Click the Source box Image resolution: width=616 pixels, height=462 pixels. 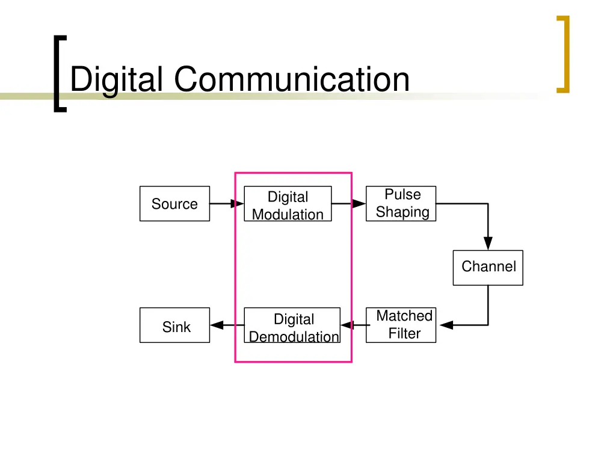(x=174, y=204)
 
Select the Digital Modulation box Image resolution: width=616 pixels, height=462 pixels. (x=288, y=205)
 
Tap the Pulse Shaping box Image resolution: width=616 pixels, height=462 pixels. (x=401, y=203)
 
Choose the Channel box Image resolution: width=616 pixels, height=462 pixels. (x=488, y=267)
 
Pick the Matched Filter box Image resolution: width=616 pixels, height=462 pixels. (x=401, y=325)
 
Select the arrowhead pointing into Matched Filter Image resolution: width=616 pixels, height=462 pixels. (x=446, y=325)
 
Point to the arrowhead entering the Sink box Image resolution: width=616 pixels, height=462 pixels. (x=217, y=325)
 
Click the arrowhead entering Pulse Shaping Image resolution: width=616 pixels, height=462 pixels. (x=359, y=204)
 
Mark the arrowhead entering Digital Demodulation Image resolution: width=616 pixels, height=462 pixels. (x=347, y=325)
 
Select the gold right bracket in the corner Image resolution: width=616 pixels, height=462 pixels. (x=563, y=54)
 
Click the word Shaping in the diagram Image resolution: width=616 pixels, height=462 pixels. (x=402, y=212)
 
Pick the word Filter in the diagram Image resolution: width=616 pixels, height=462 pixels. (x=404, y=334)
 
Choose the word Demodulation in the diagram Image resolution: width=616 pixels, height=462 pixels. (x=294, y=337)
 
